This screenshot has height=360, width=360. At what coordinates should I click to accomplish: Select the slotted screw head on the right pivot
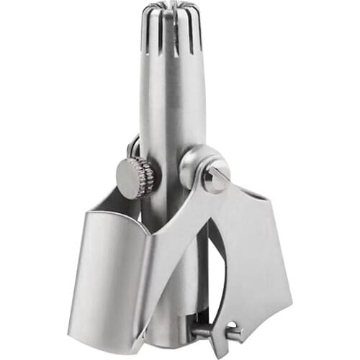215,174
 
